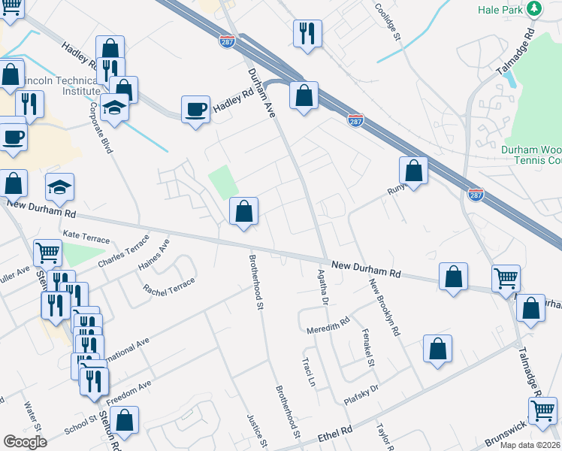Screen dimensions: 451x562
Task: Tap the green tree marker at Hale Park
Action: tap(534, 8)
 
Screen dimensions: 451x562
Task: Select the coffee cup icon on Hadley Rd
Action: tap(195, 109)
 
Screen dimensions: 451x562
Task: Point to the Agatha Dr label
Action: tap(323, 288)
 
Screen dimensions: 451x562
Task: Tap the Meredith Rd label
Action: tap(328, 325)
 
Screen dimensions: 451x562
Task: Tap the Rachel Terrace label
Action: tap(169, 286)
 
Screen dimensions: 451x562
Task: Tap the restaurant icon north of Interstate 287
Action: tap(307, 34)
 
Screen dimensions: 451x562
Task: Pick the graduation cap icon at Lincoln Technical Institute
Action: tap(114, 107)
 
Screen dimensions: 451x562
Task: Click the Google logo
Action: tap(25, 442)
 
